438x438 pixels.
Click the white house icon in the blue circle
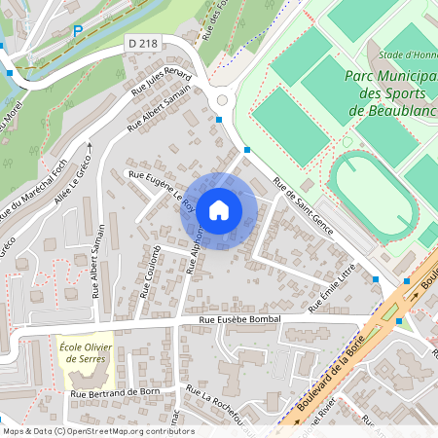tap(219, 210)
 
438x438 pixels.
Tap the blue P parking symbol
tap(78, 31)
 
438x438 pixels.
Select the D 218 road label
tap(143, 45)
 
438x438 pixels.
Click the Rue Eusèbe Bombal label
tap(239, 319)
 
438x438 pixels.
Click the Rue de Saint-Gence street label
tap(303, 207)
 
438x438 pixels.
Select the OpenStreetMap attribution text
tap(98, 431)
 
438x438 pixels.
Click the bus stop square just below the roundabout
tap(219, 120)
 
